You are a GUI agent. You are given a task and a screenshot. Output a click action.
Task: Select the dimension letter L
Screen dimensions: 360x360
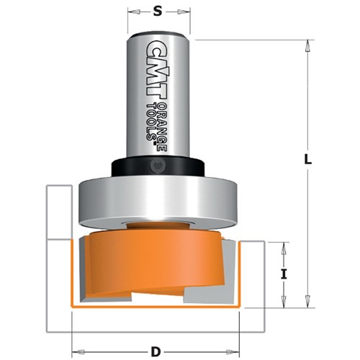[307, 163]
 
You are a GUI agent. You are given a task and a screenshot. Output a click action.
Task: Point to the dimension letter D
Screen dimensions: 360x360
[155, 332]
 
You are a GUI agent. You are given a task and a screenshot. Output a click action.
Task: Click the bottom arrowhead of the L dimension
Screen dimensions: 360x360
[307, 302]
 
